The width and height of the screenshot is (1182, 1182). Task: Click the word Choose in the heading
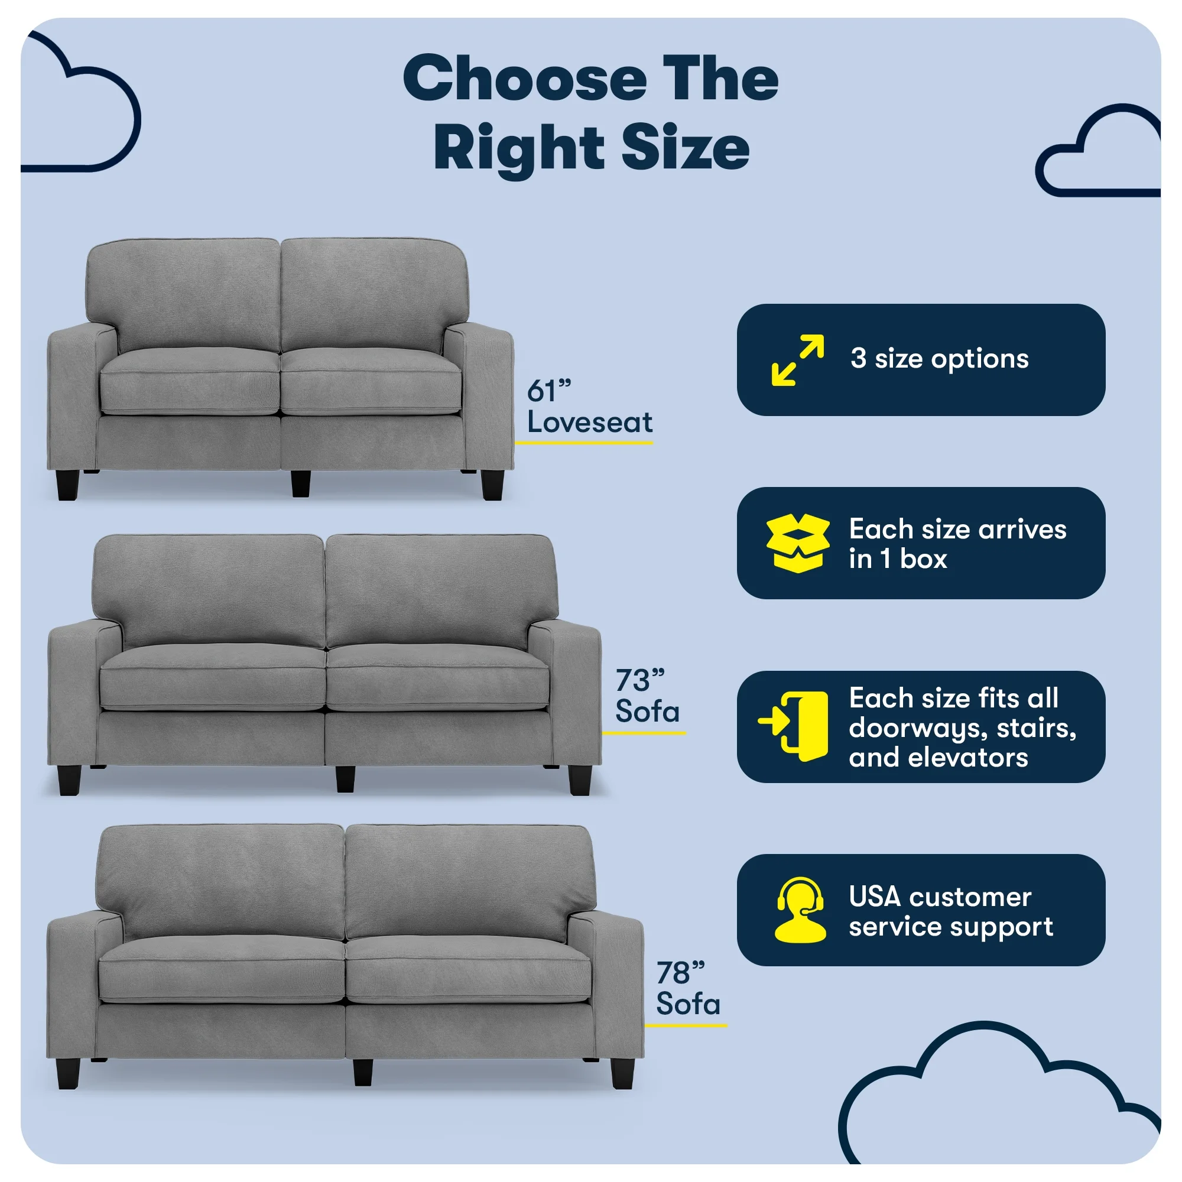pyautogui.click(x=525, y=79)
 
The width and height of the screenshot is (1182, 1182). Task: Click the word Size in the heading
pyautogui.click(x=686, y=147)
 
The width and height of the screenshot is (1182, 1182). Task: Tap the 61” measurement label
pyautogui.click(x=549, y=392)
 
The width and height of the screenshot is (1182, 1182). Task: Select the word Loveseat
pyautogui.click(x=590, y=422)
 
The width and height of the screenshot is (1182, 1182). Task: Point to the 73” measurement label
pyautogui.click(x=639, y=680)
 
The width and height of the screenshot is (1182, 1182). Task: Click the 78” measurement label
pyautogui.click(x=680, y=972)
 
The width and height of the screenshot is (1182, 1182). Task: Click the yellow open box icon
pyautogui.click(x=798, y=543)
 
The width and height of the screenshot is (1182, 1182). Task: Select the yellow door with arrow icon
pyautogui.click(x=794, y=727)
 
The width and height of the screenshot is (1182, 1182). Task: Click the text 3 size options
pyautogui.click(x=939, y=359)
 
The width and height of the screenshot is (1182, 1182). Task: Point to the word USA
pyautogui.click(x=875, y=898)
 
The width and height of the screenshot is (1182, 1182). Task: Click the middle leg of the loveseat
pyautogui.click(x=300, y=483)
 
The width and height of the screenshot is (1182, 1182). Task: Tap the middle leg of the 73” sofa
pyautogui.click(x=345, y=778)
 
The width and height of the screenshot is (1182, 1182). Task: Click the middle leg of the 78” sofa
pyautogui.click(x=363, y=1073)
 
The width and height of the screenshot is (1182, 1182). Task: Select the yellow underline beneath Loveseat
pyautogui.click(x=584, y=442)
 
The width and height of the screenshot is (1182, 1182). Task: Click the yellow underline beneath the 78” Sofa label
pyautogui.click(x=686, y=1025)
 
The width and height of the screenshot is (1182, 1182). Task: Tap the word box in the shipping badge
pyautogui.click(x=923, y=559)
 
